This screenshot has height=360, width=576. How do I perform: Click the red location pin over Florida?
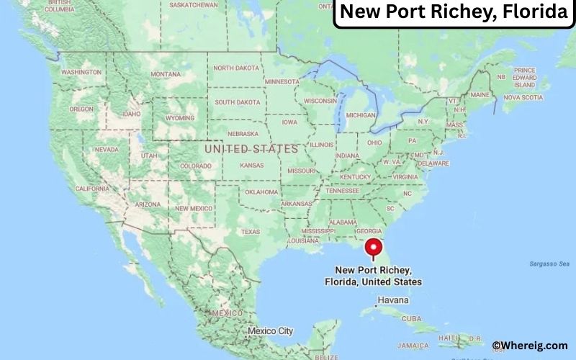pos(374,247)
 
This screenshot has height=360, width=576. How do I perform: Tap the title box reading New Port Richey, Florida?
pos(453,14)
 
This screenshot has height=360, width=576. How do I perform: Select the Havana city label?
pos(393,300)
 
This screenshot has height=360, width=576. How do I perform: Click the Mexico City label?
pos(270,331)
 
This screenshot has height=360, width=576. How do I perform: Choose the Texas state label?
pos(250,232)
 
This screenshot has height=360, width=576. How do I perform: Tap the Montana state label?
pos(166,74)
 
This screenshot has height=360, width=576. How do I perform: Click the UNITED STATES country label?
pos(251,148)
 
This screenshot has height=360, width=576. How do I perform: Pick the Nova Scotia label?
pos(523,96)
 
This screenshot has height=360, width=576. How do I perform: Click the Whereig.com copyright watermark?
pos(533,346)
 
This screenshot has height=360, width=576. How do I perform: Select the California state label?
pos(92,188)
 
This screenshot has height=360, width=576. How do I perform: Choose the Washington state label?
pos(81,73)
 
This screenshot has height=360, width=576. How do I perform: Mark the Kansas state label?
pos(252,166)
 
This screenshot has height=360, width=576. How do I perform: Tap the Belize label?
pos(326,356)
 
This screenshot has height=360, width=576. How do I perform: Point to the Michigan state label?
pos(361,115)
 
